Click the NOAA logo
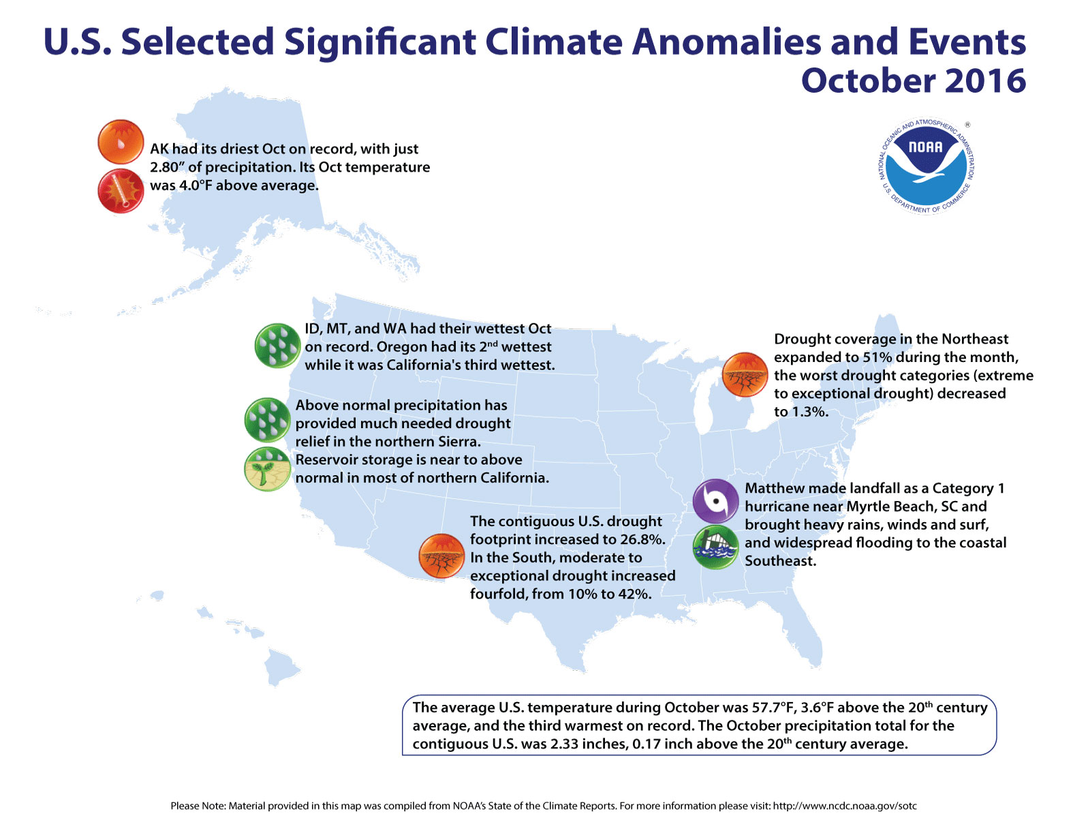[925, 166]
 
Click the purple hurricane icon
[715, 502]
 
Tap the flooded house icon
[715, 547]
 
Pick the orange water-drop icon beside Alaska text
[121, 142]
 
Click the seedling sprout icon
[267, 469]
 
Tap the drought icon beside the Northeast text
[745, 375]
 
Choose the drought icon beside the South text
[441, 556]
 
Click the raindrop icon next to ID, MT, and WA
[277, 346]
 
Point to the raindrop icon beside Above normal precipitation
[267, 421]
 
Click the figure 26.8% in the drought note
[641, 540]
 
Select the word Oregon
[401, 347]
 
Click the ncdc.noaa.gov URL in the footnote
[845, 806]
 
